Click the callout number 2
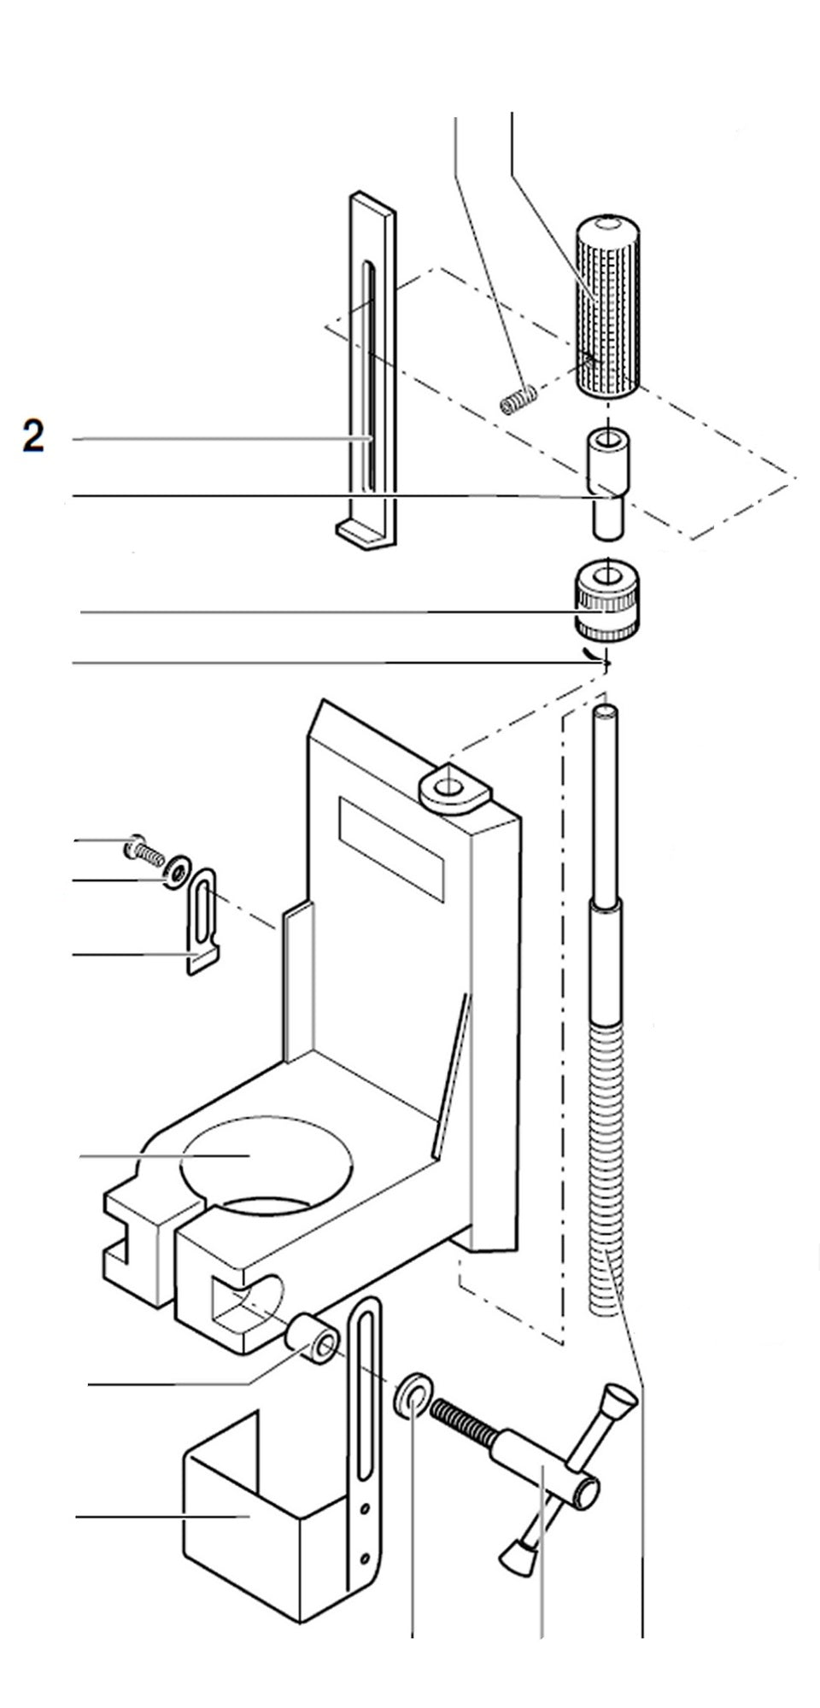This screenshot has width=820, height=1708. pos(32,436)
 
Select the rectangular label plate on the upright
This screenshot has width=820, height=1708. pos(391,848)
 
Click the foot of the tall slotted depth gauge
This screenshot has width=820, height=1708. pos(366,535)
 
